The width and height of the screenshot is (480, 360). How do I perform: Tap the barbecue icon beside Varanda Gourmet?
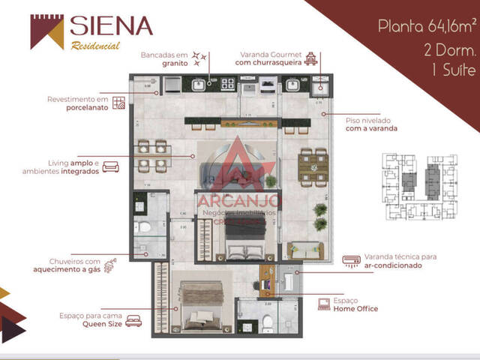313,58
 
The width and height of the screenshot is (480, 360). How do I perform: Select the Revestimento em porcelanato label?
78,103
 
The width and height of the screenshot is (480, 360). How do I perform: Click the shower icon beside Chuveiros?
111,265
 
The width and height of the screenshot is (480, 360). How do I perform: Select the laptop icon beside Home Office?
324,304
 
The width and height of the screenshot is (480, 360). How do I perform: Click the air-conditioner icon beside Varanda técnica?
349,260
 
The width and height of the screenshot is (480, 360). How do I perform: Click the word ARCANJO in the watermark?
238,201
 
